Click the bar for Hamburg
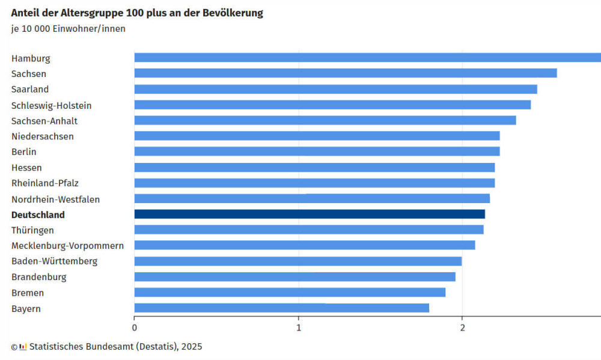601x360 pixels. coord(367,58)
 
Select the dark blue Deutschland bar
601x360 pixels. coord(309,214)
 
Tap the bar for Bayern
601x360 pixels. coord(281,308)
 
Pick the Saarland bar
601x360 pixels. coord(335,89)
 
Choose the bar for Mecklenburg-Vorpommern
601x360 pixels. coord(304,245)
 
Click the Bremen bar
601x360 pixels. coord(290,292)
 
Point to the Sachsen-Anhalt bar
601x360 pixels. coord(325,120)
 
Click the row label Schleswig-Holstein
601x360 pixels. coord(52,105)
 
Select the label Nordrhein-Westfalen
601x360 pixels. coord(56,199)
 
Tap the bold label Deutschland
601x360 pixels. coord(38,215)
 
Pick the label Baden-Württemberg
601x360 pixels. coord(54,261)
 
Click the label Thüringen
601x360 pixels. coord(32,230)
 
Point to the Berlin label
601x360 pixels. coord(24,152)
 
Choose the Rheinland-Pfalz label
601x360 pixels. coord(45,183)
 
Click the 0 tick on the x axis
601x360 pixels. coord(134,327)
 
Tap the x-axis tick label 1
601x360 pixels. coord(298,327)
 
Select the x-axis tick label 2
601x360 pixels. coord(462,327)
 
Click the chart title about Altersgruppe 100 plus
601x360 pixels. coord(137,13)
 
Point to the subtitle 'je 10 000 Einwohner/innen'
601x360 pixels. coord(69,28)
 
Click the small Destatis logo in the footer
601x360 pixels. coord(23,347)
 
